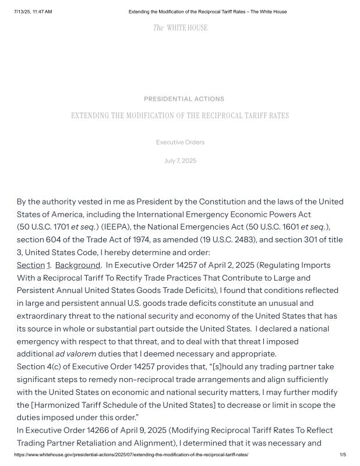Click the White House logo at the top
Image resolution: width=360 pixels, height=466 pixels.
point(180,28)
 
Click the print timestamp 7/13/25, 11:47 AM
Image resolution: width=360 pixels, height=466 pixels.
point(33,12)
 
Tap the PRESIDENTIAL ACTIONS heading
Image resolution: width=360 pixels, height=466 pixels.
point(183,99)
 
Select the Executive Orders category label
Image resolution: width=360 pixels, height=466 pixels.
point(180,142)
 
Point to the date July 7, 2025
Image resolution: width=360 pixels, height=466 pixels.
point(180,161)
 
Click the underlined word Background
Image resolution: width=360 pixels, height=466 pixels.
point(77,265)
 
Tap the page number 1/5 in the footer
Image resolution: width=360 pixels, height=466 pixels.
point(343,454)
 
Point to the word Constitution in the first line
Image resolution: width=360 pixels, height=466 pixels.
point(224,202)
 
